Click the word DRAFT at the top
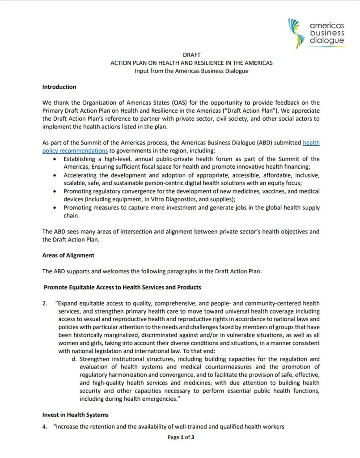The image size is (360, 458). coord(191,55)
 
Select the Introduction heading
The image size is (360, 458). coord(59,87)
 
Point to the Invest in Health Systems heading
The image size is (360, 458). coord(75,415)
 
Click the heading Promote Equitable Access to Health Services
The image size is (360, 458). coord(122,287)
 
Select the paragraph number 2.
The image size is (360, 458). coord(45,303)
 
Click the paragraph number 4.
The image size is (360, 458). coord(45,427)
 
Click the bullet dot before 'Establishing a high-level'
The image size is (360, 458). coord(55,159)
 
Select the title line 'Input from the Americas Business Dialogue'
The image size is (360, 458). coord(191,71)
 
